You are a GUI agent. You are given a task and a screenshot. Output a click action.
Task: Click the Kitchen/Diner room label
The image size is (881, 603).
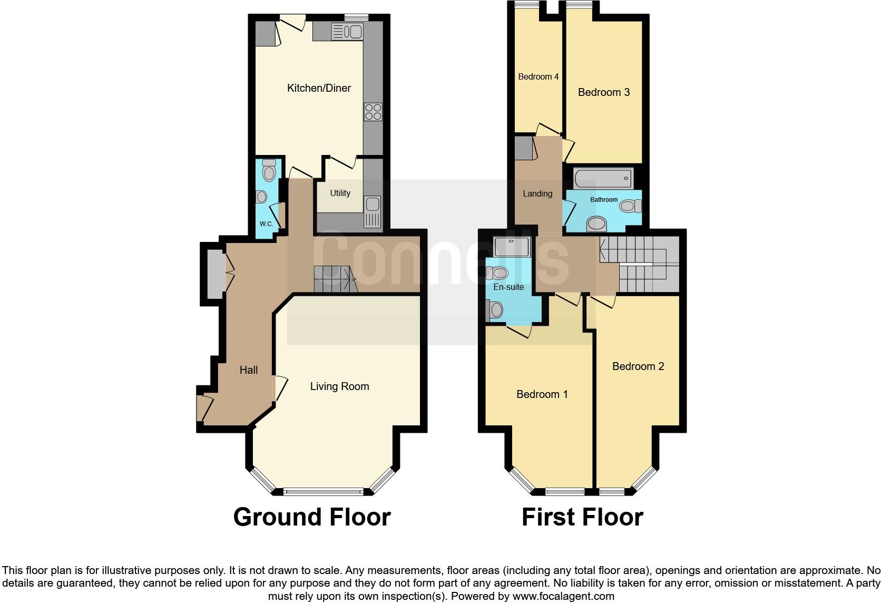coord(319,88)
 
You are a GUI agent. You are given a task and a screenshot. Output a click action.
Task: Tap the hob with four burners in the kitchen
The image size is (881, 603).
coord(373,112)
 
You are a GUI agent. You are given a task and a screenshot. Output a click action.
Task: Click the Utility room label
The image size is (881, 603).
coord(340,193)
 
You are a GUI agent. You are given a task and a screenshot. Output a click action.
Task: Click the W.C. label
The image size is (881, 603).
coord(266,223)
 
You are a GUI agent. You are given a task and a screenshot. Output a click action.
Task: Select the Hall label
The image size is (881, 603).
coord(249,370)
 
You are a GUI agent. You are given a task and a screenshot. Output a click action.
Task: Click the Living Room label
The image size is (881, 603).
coord(339,386)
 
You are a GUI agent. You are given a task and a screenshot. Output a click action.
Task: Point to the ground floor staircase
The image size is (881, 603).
coord(335,279)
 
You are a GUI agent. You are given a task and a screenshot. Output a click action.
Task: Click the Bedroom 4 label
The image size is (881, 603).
coord(538,77)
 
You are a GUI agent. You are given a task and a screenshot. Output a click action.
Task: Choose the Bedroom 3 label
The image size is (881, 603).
coord(603,92)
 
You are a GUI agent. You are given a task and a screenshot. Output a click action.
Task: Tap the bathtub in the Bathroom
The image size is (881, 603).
coord(603,178)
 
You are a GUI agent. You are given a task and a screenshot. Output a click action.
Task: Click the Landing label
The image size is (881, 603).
coord(537,193)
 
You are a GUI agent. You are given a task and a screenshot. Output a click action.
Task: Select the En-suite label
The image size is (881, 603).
coord(508,287)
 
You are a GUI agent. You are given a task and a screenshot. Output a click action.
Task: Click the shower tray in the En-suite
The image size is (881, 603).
coord(511,247)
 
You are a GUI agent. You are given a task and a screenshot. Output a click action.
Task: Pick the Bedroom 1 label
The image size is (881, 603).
coord(542,394)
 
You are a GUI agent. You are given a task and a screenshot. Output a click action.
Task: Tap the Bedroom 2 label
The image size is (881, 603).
coord(638,366)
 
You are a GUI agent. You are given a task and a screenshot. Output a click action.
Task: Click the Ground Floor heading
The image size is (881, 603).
coord(312,517)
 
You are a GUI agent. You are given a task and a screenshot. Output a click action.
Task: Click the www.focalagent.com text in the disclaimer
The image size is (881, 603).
coord(563,596)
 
